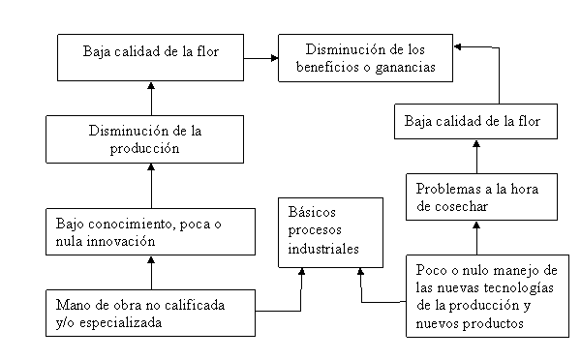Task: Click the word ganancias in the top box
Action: pos(405,68)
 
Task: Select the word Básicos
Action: pos(312,212)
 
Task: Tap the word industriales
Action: pos(323,249)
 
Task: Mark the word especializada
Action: pos(121,323)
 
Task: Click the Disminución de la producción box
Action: pos(145,139)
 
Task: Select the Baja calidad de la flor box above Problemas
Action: pos(475,122)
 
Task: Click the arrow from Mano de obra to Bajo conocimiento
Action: pos(151,273)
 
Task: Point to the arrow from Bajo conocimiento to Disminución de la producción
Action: pos(151,186)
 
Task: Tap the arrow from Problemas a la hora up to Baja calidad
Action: pos(476,157)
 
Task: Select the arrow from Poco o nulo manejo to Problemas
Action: pos(476,238)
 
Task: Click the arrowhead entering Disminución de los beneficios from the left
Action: pos(275,58)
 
